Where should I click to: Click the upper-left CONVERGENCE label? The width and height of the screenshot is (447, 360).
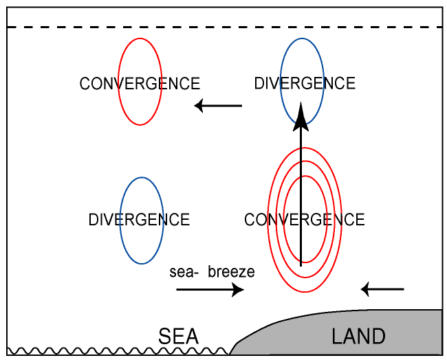[140, 84]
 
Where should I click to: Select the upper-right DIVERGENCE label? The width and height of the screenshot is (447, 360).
[304, 84]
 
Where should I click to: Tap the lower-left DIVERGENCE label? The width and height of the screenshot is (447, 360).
[139, 220]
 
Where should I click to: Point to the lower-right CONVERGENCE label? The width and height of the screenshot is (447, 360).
[304, 220]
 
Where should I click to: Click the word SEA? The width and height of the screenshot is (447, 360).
[178, 337]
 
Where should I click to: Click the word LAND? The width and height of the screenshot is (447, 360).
[358, 337]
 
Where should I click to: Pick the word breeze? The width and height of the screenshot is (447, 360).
[231, 272]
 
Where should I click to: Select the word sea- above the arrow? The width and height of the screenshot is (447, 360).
[184, 272]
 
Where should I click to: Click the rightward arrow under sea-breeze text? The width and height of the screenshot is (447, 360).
[210, 290]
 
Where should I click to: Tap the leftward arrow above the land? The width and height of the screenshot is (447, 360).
[383, 289]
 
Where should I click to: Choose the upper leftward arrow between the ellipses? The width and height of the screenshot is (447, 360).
[218, 106]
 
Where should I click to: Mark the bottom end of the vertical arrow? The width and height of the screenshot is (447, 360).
[301, 262]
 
